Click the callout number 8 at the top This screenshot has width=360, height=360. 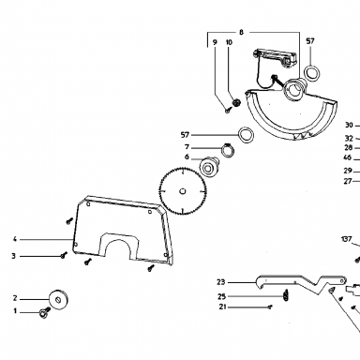pos(241,32)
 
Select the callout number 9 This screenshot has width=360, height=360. pos(215,42)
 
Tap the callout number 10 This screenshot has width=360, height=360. pos(229,42)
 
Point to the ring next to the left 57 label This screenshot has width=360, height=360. pos(246,135)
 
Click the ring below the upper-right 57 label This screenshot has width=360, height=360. pos(312,73)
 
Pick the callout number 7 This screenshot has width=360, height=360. pos(187,147)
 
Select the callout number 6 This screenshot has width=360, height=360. pos(187,157)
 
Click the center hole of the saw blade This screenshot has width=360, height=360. pos(183,191)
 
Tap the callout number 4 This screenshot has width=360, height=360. pos(15,239)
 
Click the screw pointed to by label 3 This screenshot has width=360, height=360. pos(64,255)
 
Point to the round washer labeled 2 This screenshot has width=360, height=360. pos(59,300)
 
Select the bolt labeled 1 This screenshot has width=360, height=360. pos(44,312)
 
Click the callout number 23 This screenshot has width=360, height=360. pos(221,282)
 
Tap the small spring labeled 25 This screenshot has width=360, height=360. pos(286,295)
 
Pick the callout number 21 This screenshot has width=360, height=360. pos(222,307)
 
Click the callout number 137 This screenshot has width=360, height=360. pos(346,239)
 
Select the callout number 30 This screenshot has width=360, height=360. pos(349,125)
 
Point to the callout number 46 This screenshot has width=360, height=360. pos(347,157)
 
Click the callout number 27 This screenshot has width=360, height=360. pos(348,181)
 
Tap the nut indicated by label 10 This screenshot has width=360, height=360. pos(236,102)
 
